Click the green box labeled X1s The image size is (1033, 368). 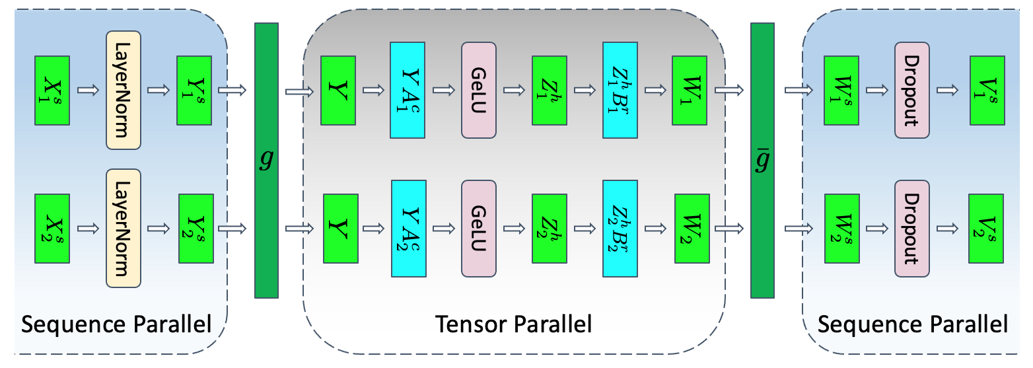tap(52, 91)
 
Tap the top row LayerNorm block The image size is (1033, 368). tap(124, 91)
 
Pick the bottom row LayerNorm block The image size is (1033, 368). tap(124, 228)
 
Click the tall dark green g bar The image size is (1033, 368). tap(266, 160)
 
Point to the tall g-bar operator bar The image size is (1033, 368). tap(762, 160)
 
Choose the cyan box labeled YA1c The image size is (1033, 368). tap(408, 91)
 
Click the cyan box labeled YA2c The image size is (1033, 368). tap(408, 228)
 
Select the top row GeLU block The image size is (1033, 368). tap(479, 91)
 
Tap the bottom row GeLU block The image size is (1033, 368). tap(479, 228)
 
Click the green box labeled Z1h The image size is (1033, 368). tap(549, 91)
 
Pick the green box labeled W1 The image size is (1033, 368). tap(690, 91)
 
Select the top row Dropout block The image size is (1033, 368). tap(912, 91)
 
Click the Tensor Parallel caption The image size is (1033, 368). tap(513, 325)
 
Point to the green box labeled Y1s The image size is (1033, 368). tap(194, 91)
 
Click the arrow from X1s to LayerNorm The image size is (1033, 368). tap(87, 91)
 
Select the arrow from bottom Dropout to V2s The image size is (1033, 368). tap(948, 228)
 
